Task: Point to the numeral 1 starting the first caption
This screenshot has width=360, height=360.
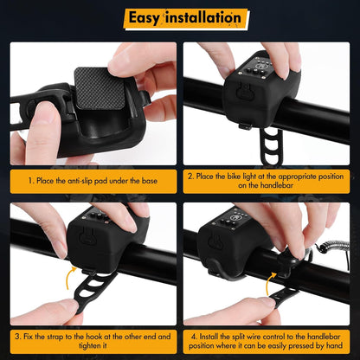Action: pos(30,181)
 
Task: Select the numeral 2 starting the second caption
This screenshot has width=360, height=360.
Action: pos(191,176)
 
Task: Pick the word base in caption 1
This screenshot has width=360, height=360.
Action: pos(151,181)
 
